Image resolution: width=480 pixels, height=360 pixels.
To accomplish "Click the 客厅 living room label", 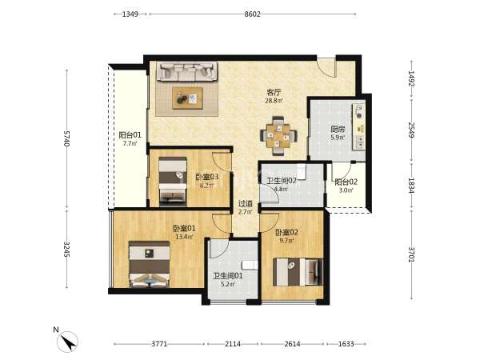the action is [274, 92].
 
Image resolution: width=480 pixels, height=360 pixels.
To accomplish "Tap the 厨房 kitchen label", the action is [338, 130].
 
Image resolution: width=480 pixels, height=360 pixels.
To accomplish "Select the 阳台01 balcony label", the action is [130, 135].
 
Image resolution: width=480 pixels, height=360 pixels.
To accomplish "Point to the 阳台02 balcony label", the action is [346, 182].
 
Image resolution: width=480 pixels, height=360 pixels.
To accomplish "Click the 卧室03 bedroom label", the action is [207, 177].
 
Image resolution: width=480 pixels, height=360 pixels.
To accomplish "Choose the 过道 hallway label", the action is [246, 203].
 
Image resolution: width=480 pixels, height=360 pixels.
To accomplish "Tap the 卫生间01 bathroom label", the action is [228, 276].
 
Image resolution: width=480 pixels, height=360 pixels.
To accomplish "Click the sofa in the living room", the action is [187, 71].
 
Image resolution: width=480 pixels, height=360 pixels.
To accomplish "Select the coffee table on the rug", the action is [187, 98].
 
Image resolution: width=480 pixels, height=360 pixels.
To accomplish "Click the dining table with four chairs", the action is [278, 136].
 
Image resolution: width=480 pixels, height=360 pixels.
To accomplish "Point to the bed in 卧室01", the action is [149, 264].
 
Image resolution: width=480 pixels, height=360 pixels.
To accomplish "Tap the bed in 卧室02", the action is [298, 272].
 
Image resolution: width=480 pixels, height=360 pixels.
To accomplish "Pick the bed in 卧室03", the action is [173, 182].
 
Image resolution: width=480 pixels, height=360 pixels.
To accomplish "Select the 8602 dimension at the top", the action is [252, 14].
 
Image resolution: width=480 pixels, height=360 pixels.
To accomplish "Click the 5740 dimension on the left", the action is [66, 138].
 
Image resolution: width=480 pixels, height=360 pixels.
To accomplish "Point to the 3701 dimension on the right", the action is [411, 254].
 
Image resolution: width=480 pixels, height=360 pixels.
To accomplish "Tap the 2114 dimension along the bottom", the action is [233, 344].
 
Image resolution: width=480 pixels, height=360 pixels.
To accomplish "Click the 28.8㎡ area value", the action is [274, 101].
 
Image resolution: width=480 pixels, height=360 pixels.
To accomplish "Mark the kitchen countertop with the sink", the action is [358, 126].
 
